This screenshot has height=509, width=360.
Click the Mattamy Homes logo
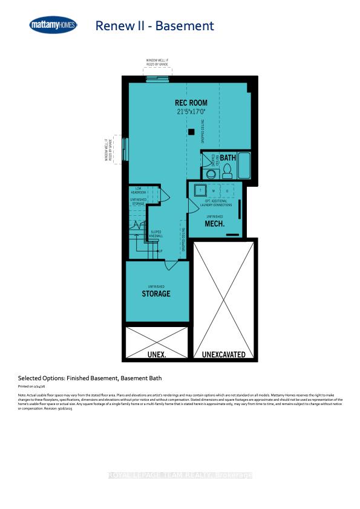pyautogui.click(x=54, y=25)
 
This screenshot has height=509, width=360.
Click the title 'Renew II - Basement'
pyautogui.click(x=154, y=25)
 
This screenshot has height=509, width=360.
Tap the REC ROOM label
pyautogui.click(x=191, y=103)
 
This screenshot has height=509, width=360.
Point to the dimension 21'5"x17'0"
pyautogui.click(x=191, y=112)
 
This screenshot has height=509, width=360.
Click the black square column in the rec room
pyautogui.click(x=191, y=132)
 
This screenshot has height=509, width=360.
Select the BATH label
pyautogui.click(x=227, y=158)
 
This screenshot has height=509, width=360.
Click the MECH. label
pyautogui.click(x=215, y=224)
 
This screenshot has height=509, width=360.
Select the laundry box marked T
pyautogui.click(x=199, y=189)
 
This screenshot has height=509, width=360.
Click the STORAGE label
pyautogui.click(x=156, y=294)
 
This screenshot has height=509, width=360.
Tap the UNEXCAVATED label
pyautogui.click(x=224, y=354)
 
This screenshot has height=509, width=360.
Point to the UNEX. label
pyautogui.click(x=156, y=354)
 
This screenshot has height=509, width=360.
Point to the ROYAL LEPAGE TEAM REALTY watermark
pyautogui.click(x=180, y=475)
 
